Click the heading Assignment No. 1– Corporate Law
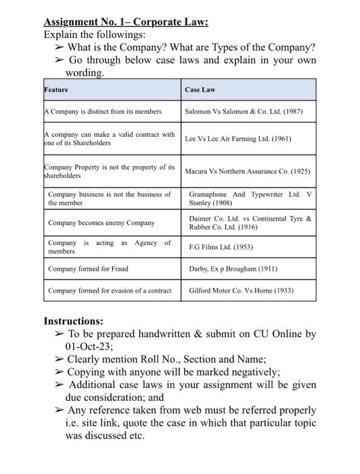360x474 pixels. [x=126, y=21]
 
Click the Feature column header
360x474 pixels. [x=56, y=89]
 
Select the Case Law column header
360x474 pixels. [x=200, y=89]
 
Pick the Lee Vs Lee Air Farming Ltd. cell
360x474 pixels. [x=238, y=138]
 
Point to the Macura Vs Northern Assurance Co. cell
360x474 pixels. [x=247, y=171]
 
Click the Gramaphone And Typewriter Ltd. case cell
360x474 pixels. [x=250, y=198]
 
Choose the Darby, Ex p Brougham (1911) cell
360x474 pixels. [x=233, y=269]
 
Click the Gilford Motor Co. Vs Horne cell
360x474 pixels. [x=242, y=292]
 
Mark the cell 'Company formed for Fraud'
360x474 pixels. [x=88, y=269]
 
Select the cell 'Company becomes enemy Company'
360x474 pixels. [x=102, y=222]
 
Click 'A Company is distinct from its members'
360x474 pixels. [x=103, y=112]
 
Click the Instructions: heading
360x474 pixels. [x=73, y=320]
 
